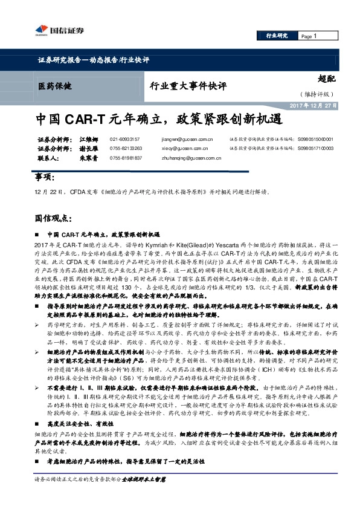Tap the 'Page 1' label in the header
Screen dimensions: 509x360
click(309, 36)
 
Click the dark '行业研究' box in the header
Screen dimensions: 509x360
click(277, 36)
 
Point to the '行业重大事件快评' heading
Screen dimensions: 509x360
click(188, 86)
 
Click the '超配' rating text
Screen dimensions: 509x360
click(326, 77)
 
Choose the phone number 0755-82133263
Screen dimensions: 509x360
click(126, 148)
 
